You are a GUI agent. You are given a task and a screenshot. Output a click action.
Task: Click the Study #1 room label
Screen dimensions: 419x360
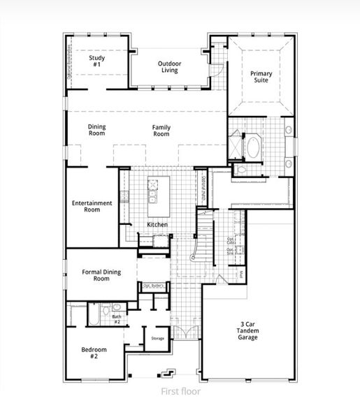[96, 62]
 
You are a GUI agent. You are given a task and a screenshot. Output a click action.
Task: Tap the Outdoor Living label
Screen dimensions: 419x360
[168, 67]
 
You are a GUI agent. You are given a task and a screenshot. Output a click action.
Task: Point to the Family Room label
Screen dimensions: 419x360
[161, 131]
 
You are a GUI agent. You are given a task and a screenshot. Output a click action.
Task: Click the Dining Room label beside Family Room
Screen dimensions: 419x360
[97, 131]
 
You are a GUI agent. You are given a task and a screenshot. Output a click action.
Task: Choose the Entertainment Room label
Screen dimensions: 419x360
[92, 206]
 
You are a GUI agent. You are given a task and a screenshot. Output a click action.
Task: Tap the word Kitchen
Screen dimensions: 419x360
[157, 224]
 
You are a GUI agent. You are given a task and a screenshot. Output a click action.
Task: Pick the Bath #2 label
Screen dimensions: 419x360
[117, 319]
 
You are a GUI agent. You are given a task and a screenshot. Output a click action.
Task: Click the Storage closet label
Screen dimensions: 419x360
[157, 338]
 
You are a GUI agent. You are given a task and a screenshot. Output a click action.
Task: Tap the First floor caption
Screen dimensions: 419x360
[180, 392]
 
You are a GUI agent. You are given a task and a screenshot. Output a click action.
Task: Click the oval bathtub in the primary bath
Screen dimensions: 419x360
[253, 147]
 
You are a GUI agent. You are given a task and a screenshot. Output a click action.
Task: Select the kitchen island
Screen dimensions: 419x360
[155, 190]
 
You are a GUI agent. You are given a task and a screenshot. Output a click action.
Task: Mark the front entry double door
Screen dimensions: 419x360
[183, 329]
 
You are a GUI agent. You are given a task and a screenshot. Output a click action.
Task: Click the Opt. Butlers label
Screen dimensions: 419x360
[153, 285]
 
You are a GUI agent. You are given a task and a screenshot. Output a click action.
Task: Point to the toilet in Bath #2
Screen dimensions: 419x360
[117, 307]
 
